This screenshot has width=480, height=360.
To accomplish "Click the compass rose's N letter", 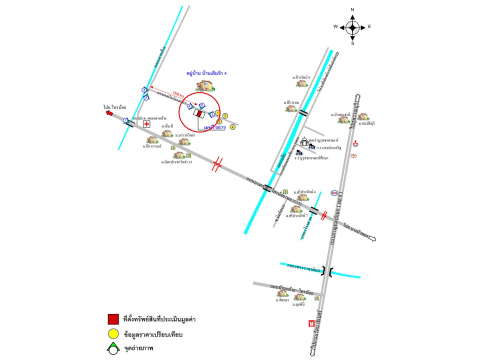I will [x=352, y=9].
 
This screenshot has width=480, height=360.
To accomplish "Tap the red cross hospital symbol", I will [x=146, y=123].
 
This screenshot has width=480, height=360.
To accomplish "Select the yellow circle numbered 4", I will [x=232, y=126].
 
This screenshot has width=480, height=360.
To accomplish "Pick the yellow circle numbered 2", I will [x=225, y=116].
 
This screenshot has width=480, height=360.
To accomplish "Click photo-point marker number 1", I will [x=125, y=120].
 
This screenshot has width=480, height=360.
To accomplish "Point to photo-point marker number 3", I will [x=144, y=89].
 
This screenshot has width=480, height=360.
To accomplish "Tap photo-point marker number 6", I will [x=202, y=105].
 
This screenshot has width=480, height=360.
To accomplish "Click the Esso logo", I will [x=334, y=193].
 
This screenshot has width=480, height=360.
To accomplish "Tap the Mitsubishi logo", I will [x=356, y=145].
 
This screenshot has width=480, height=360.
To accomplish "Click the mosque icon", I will [x=303, y=141].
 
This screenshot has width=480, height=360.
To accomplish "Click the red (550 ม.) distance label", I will [x=178, y=93].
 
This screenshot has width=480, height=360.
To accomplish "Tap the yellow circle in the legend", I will [x=113, y=334].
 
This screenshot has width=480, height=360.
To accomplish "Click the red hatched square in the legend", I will [x=113, y=319].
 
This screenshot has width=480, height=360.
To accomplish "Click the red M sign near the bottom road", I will [x=312, y=323].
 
